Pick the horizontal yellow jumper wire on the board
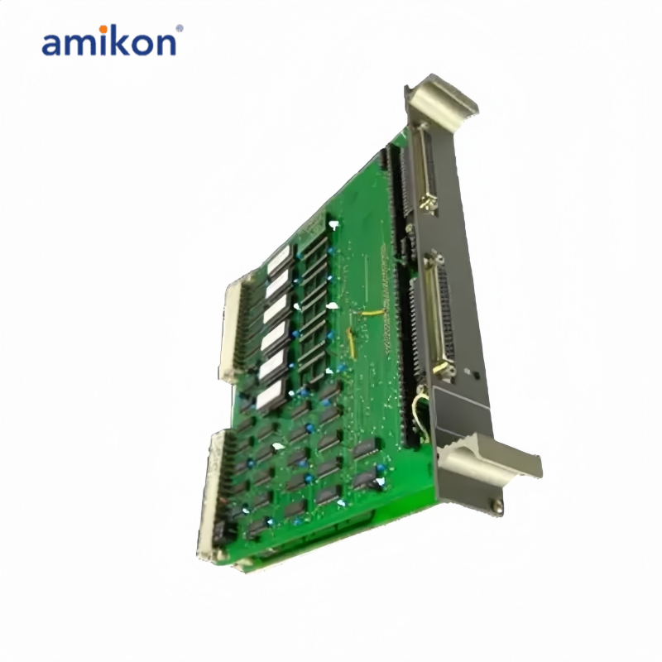[372, 313]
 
